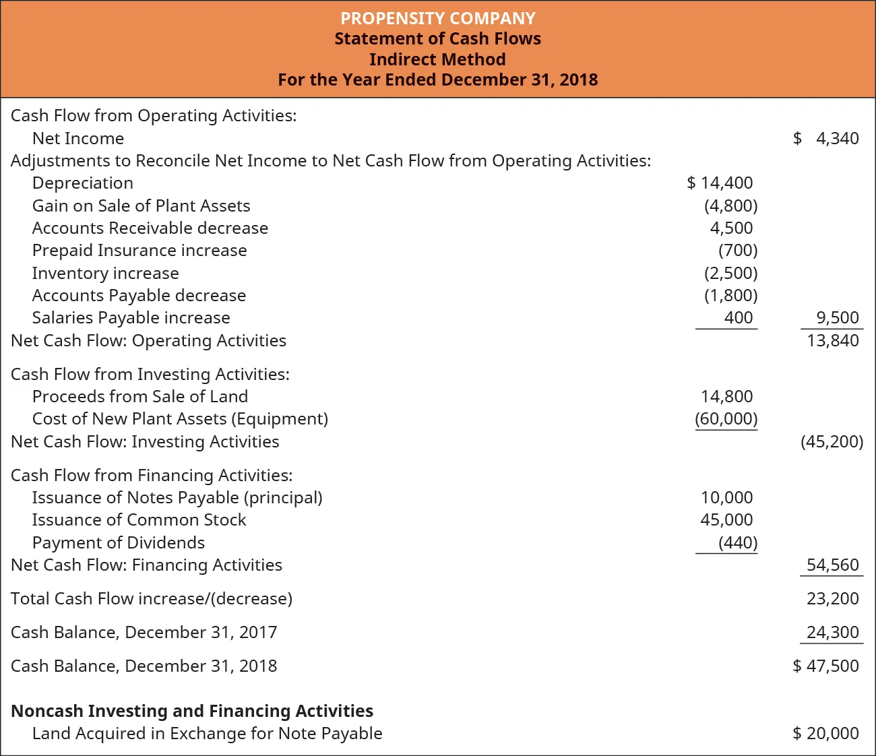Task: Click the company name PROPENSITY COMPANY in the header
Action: click(x=437, y=18)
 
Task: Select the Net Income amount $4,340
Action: click(x=826, y=138)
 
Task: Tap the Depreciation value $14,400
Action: click(x=720, y=183)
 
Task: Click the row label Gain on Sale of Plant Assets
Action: click(x=141, y=206)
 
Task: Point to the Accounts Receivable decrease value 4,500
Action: click(x=731, y=228)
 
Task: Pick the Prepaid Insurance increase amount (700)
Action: click(x=738, y=251)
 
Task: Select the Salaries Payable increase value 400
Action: click(x=739, y=317)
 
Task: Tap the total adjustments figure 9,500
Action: click(x=837, y=317)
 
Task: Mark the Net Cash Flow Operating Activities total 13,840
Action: click(x=833, y=340)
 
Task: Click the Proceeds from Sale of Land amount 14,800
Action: click(x=726, y=396)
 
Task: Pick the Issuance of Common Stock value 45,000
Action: click(x=726, y=519)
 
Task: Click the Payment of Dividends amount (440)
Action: click(x=738, y=542)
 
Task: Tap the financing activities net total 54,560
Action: click(x=833, y=565)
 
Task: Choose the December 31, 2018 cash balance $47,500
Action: click(x=826, y=666)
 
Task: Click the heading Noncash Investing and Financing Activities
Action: click(x=192, y=711)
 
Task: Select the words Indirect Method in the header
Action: click(x=437, y=59)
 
